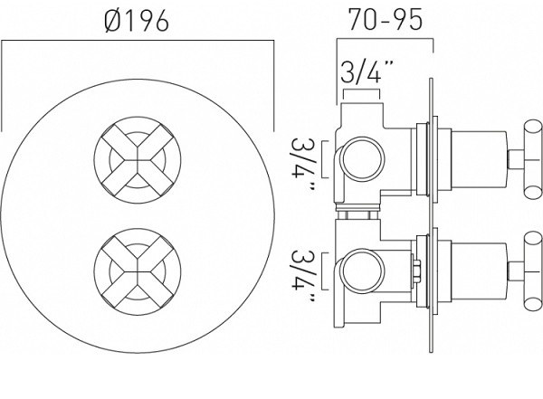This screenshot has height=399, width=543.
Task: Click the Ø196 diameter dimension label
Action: coord(137,20)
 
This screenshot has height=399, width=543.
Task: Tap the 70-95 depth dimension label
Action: coord(386,19)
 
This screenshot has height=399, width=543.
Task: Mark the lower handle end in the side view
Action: coord(533,271)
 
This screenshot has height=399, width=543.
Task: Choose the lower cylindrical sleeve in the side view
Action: coord(479,271)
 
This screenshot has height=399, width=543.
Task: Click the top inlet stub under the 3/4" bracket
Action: coord(363,114)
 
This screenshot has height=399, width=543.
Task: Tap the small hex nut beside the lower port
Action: coord(416,271)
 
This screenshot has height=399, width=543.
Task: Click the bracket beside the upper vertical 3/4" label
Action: coord(325,159)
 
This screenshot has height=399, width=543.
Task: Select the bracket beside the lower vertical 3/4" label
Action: coord(325,271)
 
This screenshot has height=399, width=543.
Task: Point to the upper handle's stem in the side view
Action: coord(516,159)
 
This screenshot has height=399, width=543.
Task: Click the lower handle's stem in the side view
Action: coord(516,271)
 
